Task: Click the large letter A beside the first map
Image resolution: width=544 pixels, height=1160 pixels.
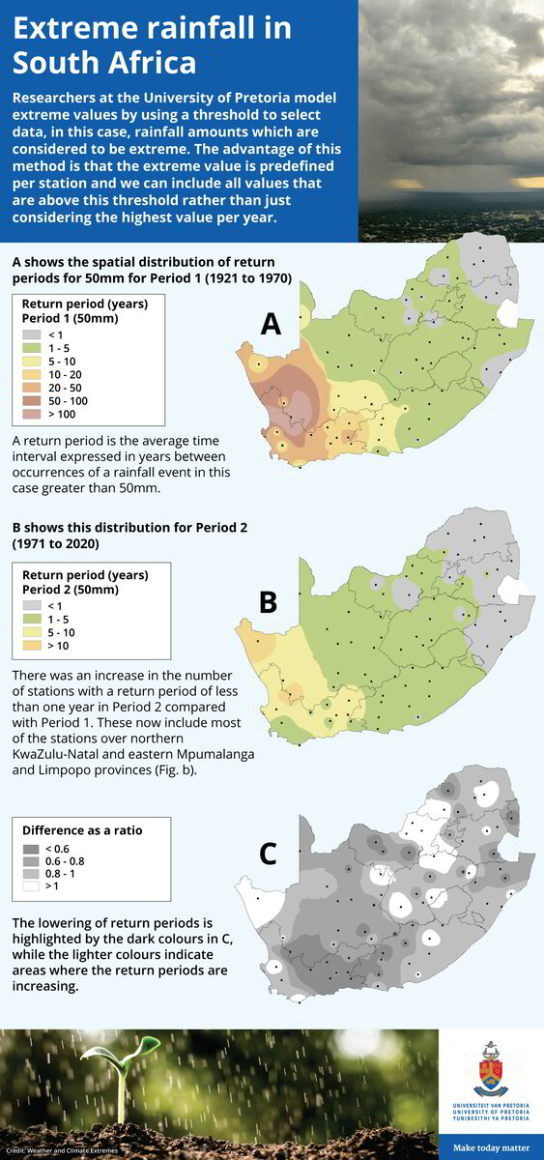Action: pyautogui.click(x=271, y=324)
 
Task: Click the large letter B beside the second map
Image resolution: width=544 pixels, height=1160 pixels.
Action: pyautogui.click(x=268, y=601)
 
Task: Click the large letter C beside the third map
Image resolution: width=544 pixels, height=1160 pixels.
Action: pyautogui.click(x=269, y=854)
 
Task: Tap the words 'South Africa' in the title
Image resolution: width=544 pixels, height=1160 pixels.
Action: pyautogui.click(x=104, y=63)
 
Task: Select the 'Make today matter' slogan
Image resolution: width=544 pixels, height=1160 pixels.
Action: pyautogui.click(x=491, y=1147)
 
